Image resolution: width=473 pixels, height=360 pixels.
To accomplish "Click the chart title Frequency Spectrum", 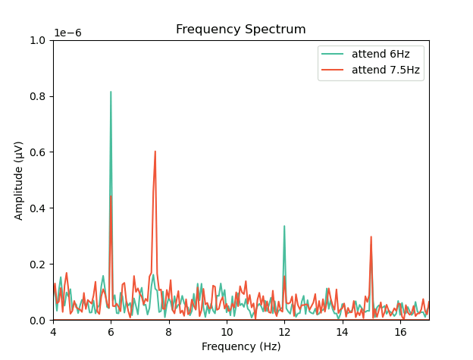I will click(x=241, y=30).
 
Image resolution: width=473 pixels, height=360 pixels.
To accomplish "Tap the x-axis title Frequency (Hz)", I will click(x=241, y=346).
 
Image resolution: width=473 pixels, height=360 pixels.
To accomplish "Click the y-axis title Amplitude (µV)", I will click(x=19, y=180).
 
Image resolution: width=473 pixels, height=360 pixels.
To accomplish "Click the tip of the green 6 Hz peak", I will click(x=111, y=92).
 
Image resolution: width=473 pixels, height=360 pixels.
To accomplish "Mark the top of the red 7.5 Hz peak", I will click(x=155, y=151).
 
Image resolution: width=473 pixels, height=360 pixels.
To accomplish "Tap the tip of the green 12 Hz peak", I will click(x=284, y=226).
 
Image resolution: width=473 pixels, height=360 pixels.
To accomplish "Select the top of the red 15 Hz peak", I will click(x=371, y=236).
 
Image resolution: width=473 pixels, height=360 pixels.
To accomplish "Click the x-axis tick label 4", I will click(x=53, y=332).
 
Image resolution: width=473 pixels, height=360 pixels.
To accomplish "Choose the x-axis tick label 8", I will click(x=168, y=332).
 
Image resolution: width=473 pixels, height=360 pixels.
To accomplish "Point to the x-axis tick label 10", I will click(x=227, y=332).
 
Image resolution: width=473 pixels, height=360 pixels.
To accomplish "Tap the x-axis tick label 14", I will click(x=342, y=332).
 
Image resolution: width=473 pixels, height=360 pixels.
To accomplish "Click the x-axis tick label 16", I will click(x=400, y=332).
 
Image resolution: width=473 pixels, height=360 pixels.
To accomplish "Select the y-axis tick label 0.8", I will click(x=38, y=96).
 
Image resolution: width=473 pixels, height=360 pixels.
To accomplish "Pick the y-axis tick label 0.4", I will click(x=38, y=208).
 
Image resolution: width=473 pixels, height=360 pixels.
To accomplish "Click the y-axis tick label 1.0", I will click(x=38, y=40).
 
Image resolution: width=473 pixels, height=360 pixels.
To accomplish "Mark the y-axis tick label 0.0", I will click(x=38, y=321).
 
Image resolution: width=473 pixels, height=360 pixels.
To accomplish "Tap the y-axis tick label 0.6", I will click(x=38, y=152).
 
